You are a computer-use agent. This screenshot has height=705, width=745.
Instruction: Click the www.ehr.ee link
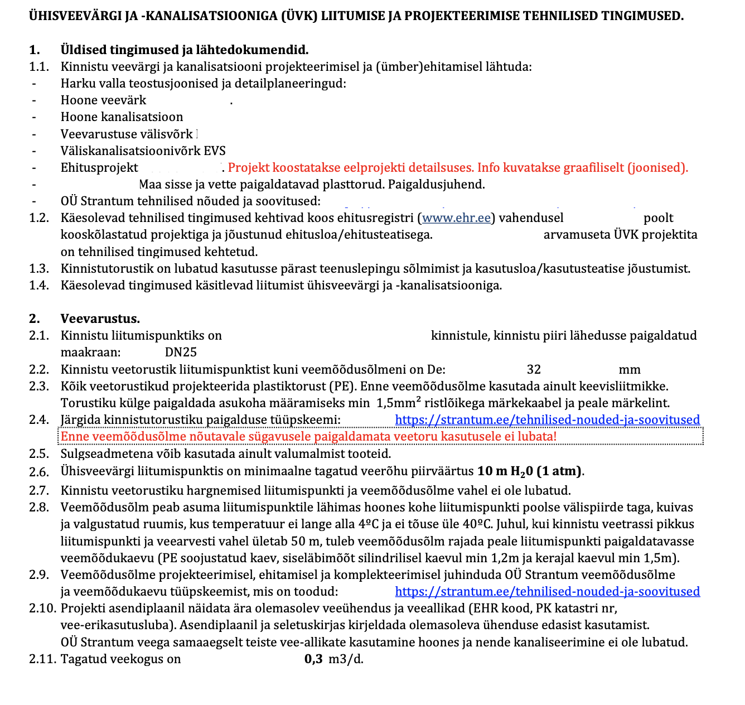456,218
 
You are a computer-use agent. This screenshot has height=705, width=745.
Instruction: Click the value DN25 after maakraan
181,352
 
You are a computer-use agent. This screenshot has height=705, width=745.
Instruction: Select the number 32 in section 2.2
534,369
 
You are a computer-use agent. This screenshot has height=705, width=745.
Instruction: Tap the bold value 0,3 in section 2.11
313,659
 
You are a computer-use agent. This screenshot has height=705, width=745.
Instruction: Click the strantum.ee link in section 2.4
547,420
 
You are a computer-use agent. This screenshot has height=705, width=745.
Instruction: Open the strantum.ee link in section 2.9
547,592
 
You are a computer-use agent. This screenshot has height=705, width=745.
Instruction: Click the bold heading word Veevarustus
100,318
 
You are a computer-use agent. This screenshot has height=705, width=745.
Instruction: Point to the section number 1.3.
39,269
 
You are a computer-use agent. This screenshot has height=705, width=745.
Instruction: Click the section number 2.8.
39,508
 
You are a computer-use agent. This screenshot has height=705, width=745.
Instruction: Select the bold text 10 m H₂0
505,471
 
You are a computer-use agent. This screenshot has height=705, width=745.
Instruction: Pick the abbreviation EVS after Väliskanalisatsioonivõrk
215,151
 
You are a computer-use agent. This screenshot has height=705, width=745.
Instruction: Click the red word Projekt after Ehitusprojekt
248,167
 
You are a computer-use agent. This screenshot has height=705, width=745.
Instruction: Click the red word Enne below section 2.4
75,436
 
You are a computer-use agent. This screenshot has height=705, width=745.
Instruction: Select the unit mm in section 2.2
630,369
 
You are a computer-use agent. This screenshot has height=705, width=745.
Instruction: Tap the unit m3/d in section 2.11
346,659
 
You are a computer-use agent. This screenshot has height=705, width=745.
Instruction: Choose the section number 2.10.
42,609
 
